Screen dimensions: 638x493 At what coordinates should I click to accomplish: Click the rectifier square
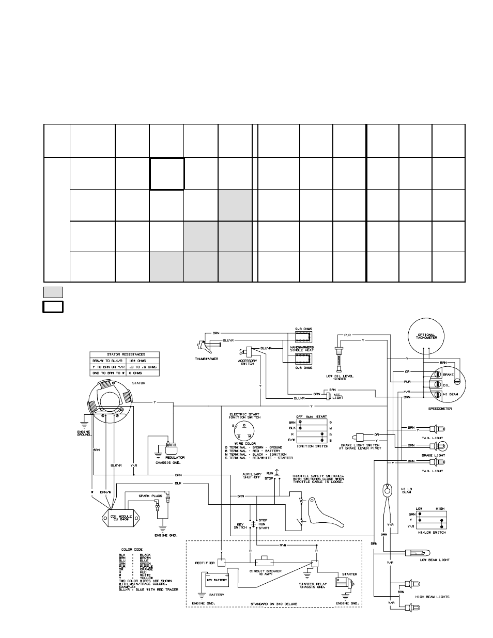tap(221, 563)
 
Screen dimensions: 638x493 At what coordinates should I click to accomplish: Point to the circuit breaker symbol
tap(267, 561)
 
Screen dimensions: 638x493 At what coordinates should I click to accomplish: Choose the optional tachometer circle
tap(426, 336)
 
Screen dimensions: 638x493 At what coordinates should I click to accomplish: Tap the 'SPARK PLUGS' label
tap(149, 495)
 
